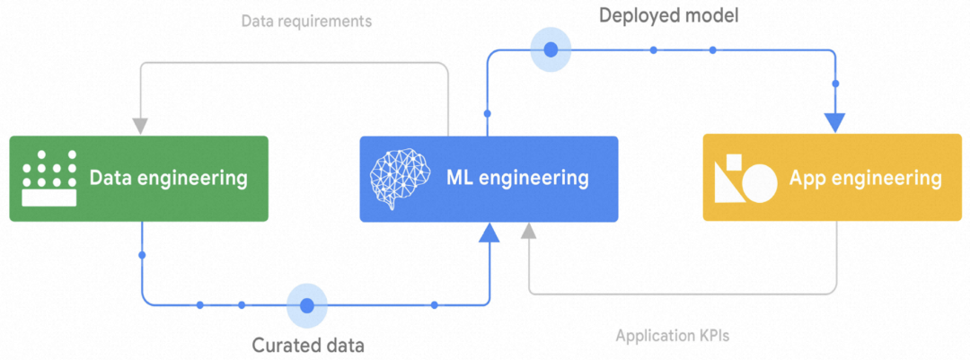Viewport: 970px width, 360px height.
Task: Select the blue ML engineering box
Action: (489, 179)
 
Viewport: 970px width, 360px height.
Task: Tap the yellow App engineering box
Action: (832, 179)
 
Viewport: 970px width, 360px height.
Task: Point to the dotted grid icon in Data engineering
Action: (48, 179)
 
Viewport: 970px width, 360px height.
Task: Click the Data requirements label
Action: (306, 21)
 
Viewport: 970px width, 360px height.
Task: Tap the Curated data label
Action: (308, 344)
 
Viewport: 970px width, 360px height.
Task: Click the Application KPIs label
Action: (672, 337)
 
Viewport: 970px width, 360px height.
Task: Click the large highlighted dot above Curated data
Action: (307, 305)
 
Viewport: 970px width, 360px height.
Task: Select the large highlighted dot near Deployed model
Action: (551, 48)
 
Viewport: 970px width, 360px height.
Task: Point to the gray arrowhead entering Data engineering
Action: (140, 124)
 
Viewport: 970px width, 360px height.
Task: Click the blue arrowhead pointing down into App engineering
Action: (835, 122)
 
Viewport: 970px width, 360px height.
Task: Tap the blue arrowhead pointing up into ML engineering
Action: (489, 233)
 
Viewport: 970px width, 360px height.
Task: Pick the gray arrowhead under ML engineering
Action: (529, 233)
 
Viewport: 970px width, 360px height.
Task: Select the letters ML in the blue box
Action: (459, 179)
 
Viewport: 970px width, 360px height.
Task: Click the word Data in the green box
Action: (110, 179)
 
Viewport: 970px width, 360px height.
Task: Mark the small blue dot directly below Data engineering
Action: (142, 256)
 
